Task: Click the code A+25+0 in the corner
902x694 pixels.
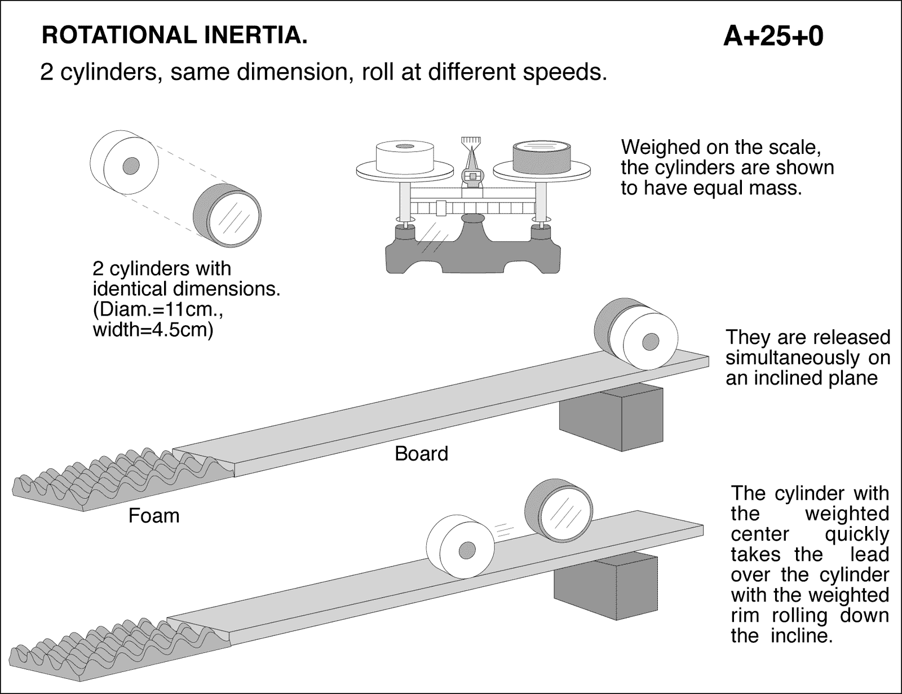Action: click(773, 36)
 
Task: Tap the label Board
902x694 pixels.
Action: click(421, 453)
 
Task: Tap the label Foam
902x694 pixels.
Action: click(154, 515)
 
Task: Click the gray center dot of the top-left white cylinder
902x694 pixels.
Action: click(131, 165)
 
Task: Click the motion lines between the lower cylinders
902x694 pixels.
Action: click(505, 529)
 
